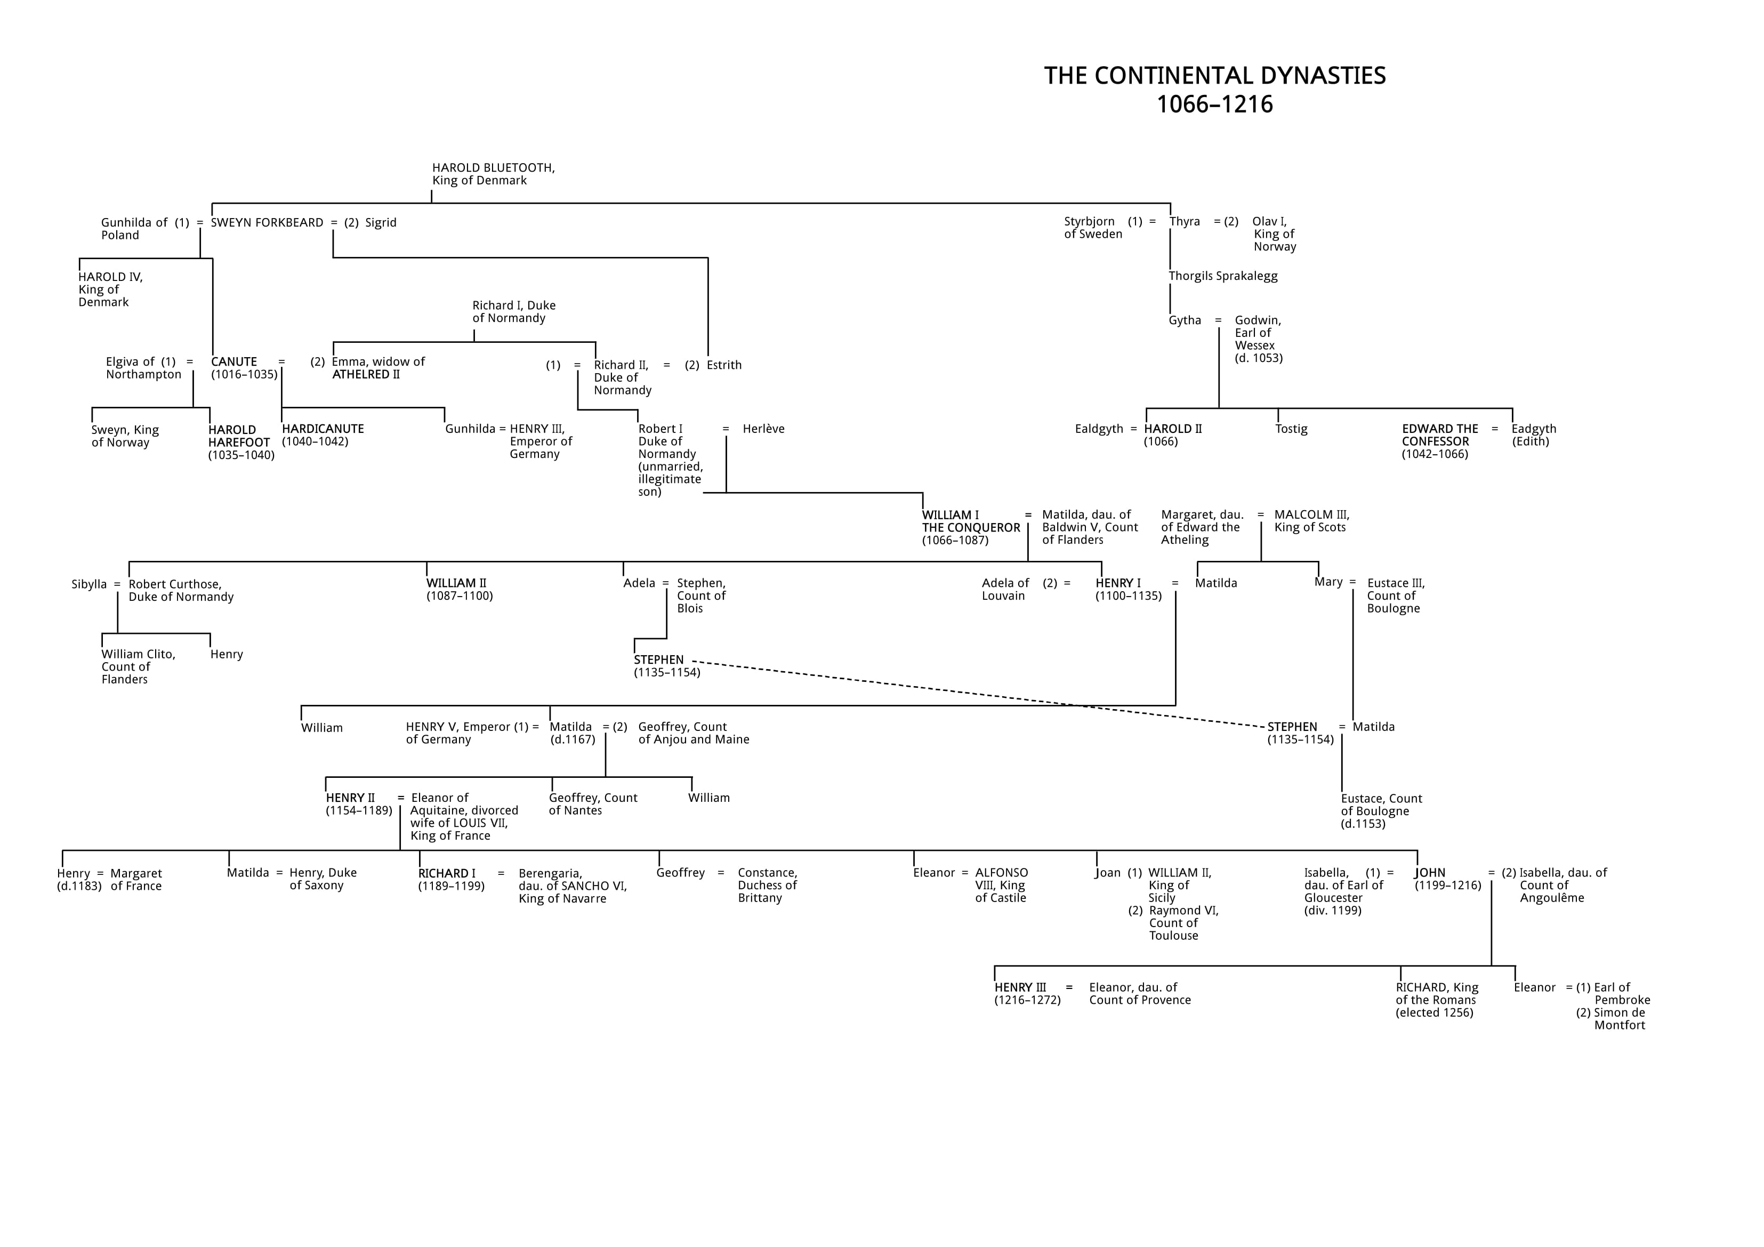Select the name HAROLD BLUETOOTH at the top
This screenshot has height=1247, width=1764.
click(x=493, y=167)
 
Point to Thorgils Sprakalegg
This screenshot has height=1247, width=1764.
click(x=1223, y=276)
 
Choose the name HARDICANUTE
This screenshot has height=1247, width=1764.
click(x=323, y=429)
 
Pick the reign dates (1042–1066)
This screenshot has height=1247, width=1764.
click(x=1435, y=454)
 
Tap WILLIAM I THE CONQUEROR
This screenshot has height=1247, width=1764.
click(x=970, y=521)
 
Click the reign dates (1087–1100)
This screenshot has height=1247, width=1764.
click(x=460, y=596)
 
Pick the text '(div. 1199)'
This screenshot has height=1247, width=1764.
click(x=1332, y=911)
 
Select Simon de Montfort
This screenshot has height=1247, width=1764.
click(x=1619, y=1019)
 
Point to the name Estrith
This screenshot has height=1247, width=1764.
click(x=724, y=365)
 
